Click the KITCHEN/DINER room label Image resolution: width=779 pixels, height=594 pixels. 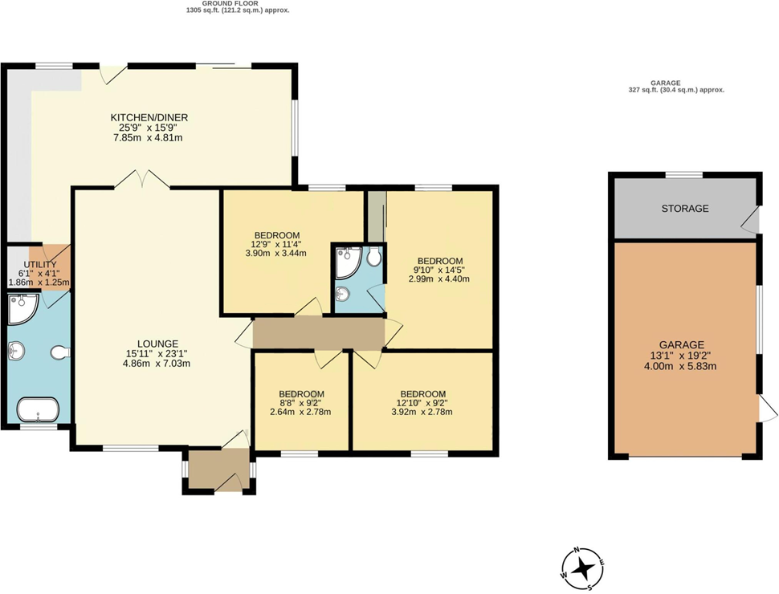coord(149,117)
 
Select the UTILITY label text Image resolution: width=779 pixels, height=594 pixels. coord(40,264)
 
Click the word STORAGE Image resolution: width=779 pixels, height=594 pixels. coord(684,209)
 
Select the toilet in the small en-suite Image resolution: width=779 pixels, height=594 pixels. coord(373,258)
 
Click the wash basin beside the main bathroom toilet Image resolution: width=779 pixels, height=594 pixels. coord(18,350)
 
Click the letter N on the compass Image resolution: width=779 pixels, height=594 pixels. coord(577,552)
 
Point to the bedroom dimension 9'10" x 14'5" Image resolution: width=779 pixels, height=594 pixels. coord(438,270)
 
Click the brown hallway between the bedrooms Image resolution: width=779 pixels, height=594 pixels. coord(319,332)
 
